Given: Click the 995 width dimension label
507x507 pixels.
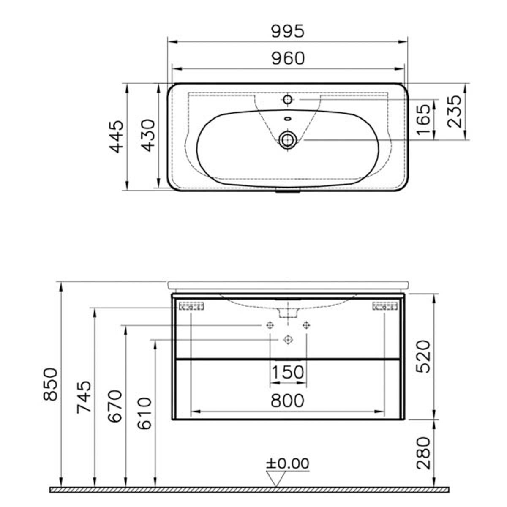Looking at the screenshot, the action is coord(288,31).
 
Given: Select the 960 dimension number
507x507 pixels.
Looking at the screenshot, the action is coord(288,58).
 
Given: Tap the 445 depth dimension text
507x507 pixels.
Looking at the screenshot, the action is coord(116,136).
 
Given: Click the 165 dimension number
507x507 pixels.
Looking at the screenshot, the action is coord(424,120).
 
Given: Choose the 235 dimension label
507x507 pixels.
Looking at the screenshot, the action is coord(455,112).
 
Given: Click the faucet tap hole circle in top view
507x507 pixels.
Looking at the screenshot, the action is coord(288,99).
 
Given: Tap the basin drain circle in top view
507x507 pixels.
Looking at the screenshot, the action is coord(288,140).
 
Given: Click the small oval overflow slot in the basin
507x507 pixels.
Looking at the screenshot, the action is coord(288,119).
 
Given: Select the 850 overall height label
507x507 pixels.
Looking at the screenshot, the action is coord(50,384).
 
